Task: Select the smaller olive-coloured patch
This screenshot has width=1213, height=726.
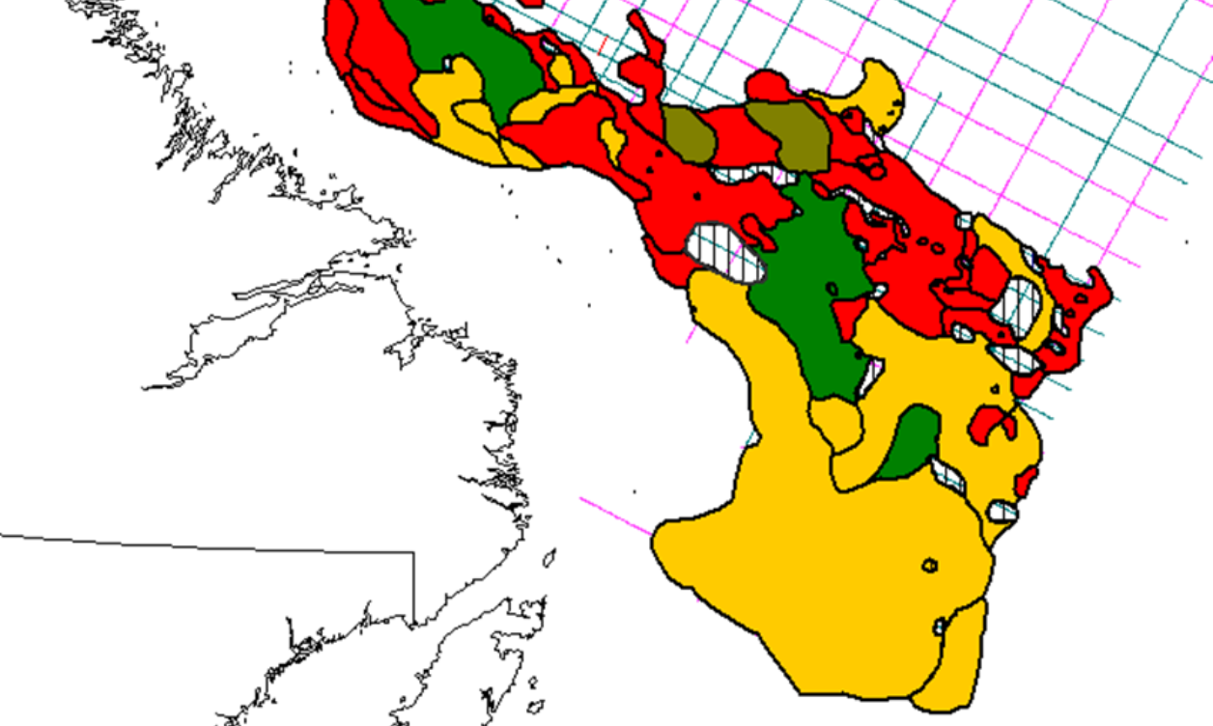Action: pyautogui.click(x=689, y=133)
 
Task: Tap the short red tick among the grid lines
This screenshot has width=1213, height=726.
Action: pyautogui.click(x=603, y=43)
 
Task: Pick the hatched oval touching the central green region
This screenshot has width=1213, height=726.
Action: pyautogui.click(x=724, y=252)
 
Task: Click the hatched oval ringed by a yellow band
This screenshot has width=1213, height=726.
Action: pyautogui.click(x=1017, y=304)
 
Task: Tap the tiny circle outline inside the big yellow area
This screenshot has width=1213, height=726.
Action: pyautogui.click(x=930, y=565)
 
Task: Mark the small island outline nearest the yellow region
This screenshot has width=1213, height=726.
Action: pyautogui.click(x=550, y=557)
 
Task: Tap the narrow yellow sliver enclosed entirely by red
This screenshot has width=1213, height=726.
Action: pyautogui.click(x=611, y=140)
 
